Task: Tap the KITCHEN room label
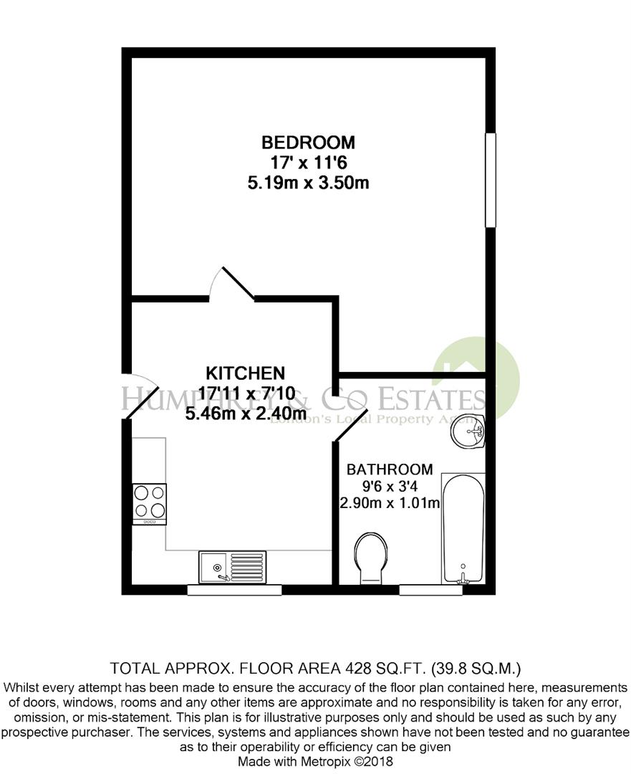tap(246, 373)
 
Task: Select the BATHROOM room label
tap(390, 470)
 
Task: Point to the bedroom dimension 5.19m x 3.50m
tap(308, 183)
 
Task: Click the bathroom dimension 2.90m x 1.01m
tap(390, 503)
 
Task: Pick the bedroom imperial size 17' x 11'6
tap(308, 162)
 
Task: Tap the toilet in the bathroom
tap(370, 557)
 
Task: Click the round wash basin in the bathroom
tap(469, 432)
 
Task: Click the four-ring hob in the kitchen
tap(150, 501)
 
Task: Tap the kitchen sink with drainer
tap(233, 566)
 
